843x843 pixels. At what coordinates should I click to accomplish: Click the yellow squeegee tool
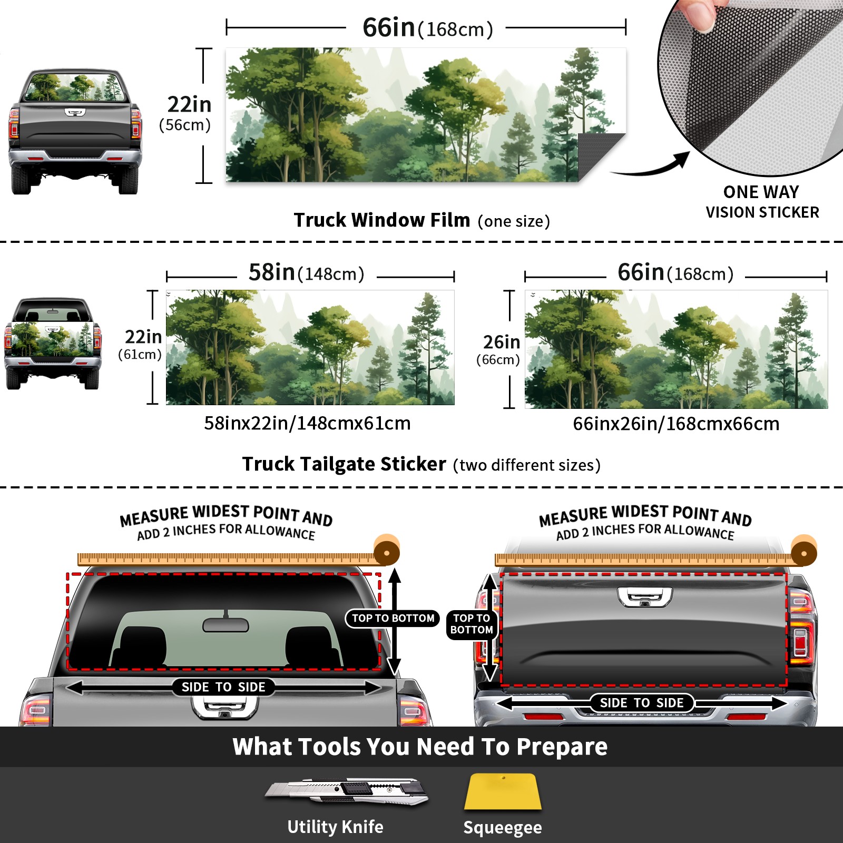(503, 791)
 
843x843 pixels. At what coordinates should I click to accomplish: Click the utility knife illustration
(347, 791)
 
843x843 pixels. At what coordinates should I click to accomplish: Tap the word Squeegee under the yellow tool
(503, 827)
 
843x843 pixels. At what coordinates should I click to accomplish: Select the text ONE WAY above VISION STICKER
(761, 192)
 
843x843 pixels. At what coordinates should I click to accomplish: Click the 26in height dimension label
(502, 342)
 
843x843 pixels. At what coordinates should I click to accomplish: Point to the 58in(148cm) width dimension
(306, 273)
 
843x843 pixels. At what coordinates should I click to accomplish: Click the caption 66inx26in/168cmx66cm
(676, 424)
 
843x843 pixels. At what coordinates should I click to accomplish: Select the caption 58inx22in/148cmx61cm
(307, 423)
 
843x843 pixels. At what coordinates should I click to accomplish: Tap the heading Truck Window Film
(382, 220)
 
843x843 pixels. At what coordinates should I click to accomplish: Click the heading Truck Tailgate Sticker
(344, 464)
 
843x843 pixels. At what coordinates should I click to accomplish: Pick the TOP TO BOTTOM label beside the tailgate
(472, 624)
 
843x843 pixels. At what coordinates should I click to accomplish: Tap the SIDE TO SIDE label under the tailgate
(642, 703)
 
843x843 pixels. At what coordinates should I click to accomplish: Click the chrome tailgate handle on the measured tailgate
(645, 597)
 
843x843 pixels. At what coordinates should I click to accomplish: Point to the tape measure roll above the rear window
(387, 551)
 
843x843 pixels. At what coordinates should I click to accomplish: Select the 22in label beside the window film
(189, 104)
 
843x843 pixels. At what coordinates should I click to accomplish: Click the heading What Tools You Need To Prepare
(420, 747)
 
